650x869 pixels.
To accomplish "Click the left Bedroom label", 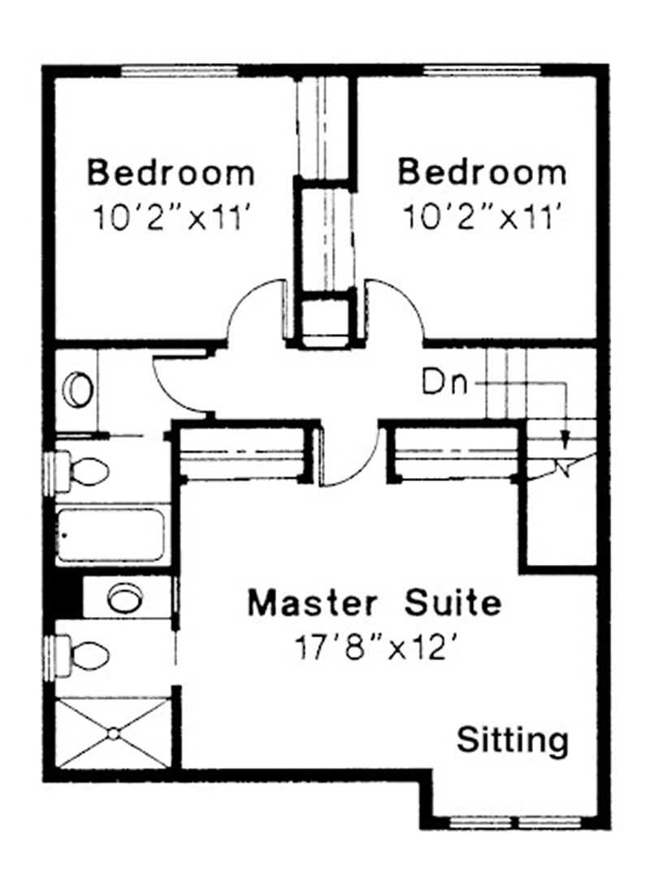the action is point(171,172).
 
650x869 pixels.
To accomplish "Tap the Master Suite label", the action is point(375,602).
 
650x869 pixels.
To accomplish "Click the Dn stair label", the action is point(444,382).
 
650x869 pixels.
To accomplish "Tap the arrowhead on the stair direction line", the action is point(565,441).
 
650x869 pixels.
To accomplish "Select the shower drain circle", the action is point(114,734).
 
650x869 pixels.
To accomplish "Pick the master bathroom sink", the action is point(125,598).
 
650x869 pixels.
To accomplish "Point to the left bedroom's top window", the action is point(180,71).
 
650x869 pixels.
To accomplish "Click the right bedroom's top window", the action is point(482,71).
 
